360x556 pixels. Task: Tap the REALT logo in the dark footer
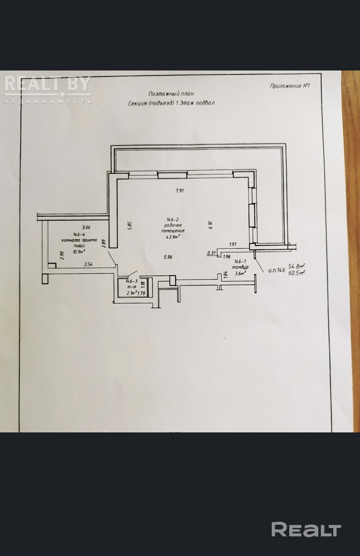pyautogui.click(x=306, y=529)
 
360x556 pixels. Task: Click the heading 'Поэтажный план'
pyautogui.click(x=171, y=94)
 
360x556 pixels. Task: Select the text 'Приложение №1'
pyautogui.click(x=289, y=86)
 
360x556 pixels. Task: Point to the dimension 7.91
pyautogui.click(x=180, y=191)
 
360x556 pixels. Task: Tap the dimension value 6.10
pyautogui.click(x=210, y=225)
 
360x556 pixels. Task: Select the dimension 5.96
pyautogui.click(x=168, y=257)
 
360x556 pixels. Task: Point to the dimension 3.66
pyautogui.click(x=86, y=227)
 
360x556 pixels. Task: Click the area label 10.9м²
pyautogui.click(x=79, y=251)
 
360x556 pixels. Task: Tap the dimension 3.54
pyautogui.click(x=88, y=264)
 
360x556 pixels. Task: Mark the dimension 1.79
pyautogui.click(x=141, y=294)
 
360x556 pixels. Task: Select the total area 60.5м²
pyautogui.click(x=297, y=273)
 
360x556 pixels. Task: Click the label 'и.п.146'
pyautogui.click(x=277, y=270)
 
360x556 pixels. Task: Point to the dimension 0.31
pyautogui.click(x=211, y=253)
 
